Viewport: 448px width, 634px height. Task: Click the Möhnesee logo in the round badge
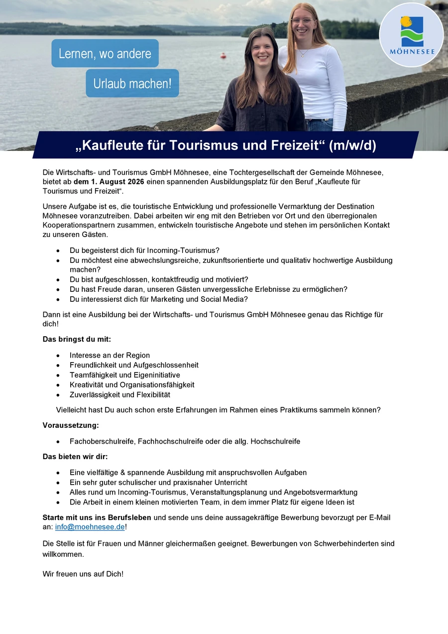pos(411,35)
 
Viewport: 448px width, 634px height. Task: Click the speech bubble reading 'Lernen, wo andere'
pos(105,53)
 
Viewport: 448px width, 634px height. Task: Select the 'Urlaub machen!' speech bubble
pos(132,83)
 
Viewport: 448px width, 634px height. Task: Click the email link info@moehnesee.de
pos(90,527)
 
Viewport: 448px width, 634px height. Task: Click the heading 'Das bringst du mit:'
pos(77,339)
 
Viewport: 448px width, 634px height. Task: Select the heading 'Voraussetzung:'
pos(71,425)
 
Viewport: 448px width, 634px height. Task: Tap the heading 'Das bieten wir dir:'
pos(75,456)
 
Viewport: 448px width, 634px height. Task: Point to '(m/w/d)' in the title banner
pos(352,145)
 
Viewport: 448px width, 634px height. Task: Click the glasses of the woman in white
pos(303,21)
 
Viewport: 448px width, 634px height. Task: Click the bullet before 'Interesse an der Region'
pos(59,356)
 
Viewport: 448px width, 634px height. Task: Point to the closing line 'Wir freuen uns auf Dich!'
pos(83,574)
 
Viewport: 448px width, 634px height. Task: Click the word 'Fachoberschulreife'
pos(103,441)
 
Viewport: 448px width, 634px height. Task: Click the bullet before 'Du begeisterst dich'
pos(59,251)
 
